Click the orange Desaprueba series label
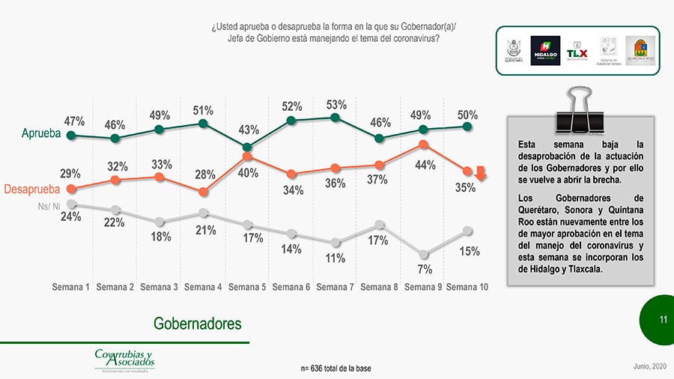coord(34,189)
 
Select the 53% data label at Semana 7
coord(336,105)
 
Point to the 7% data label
coord(424,269)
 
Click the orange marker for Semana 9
coord(423,145)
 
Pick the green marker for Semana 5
coord(248,147)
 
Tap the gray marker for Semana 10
coord(467,231)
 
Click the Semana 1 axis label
coord(71,287)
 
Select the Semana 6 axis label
coord(291,287)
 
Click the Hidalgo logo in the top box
coord(545,50)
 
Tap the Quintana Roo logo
coord(640,50)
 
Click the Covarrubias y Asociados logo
coord(124,359)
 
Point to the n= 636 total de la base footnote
coord(335,369)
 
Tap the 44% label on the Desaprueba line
coord(425,166)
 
